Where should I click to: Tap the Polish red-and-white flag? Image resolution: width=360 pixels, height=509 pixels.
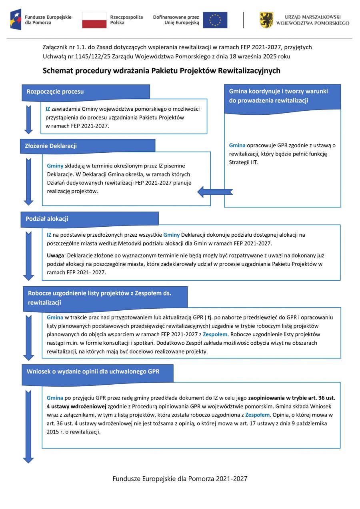coord(94,20)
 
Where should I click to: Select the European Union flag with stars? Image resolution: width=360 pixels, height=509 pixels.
coord(215,20)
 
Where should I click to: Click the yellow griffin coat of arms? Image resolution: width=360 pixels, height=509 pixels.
coord(266,20)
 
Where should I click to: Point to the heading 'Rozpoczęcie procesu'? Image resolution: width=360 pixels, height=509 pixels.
coord(55,92)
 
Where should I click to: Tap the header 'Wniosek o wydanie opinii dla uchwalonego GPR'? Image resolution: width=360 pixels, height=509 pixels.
coord(93,371)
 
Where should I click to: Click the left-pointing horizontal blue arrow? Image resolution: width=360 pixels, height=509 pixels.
coord(215,192)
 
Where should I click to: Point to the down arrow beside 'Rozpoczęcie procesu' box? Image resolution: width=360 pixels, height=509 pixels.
coord(28,119)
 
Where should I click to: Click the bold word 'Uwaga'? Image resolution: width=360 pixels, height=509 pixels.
coord(55,255)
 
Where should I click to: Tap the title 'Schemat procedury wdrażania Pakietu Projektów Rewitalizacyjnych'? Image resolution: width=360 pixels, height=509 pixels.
coord(161,71)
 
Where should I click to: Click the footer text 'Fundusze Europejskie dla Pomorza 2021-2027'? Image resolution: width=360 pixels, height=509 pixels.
coord(180,479)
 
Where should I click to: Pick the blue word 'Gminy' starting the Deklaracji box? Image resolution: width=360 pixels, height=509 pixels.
coord(55,166)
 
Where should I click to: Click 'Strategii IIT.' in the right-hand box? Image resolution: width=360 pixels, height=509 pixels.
coord(244,162)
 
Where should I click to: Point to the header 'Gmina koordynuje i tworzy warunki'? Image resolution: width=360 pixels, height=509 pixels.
coord(278,91)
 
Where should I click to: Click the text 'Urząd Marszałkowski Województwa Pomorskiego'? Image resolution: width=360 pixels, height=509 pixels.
coord(312,20)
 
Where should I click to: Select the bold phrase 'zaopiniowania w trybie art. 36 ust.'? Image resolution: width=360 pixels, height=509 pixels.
coord(292,398)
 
